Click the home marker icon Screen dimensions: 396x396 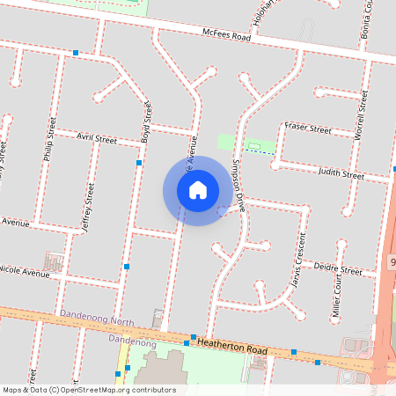pos(198,190)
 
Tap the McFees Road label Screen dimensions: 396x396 pos(227,36)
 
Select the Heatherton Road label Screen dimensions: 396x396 pos(231,345)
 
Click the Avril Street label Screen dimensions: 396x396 pos(97,139)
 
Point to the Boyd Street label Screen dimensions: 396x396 pos(147,122)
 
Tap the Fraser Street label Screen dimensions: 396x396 pos(307,129)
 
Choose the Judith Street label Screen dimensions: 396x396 pos(341,174)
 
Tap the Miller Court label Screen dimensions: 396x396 pos(336,296)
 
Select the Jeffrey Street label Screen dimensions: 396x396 pos(87,204)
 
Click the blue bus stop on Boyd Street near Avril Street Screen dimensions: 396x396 pos(139,163)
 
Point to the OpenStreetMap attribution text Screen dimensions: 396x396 pos(89,390)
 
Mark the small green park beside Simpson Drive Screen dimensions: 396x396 pos(227,142)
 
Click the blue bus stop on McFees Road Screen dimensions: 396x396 pos(76,53)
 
